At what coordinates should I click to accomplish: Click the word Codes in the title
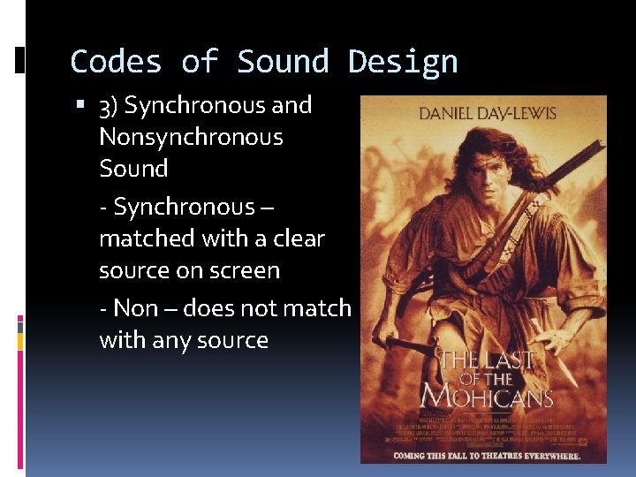[116, 62]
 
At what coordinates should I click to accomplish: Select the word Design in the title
[403, 62]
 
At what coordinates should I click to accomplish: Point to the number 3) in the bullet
[108, 106]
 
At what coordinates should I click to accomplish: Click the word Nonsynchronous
[191, 137]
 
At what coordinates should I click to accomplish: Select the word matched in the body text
[147, 238]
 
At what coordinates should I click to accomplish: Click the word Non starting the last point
[135, 308]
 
